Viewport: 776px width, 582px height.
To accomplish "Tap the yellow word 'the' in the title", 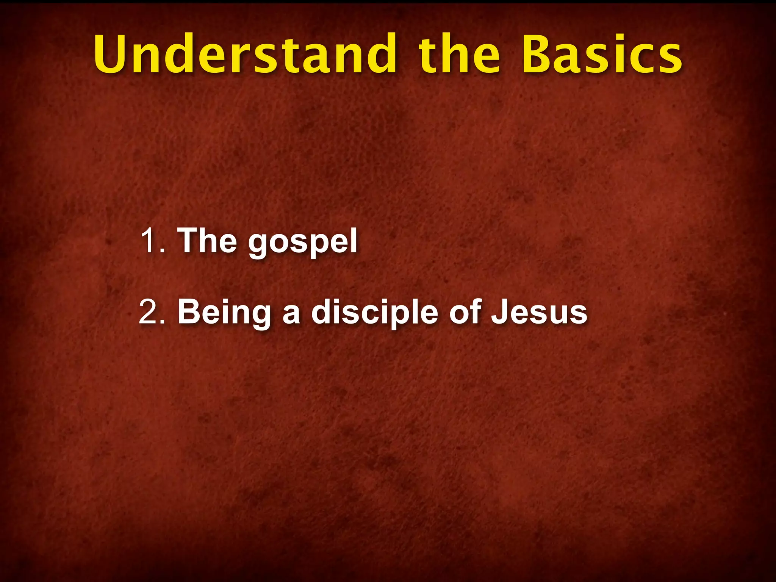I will pyautogui.click(x=459, y=54).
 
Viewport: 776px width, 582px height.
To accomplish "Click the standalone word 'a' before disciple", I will pyautogui.click(x=291, y=314).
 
